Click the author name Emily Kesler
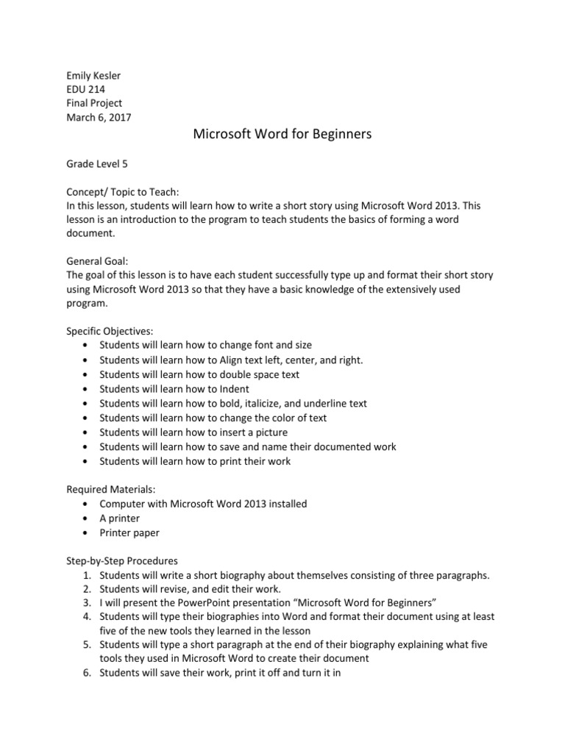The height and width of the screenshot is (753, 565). point(94,74)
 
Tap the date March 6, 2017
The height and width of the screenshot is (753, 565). point(99,118)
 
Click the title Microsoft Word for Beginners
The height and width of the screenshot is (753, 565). point(282,135)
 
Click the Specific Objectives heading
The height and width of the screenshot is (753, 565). point(110,331)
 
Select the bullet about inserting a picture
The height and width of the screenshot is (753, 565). point(193,432)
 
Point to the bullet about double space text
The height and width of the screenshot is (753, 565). point(199,374)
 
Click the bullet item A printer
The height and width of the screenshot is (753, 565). point(119,518)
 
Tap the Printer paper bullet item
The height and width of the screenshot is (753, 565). point(129,532)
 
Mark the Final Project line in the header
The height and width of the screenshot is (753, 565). point(94,103)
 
